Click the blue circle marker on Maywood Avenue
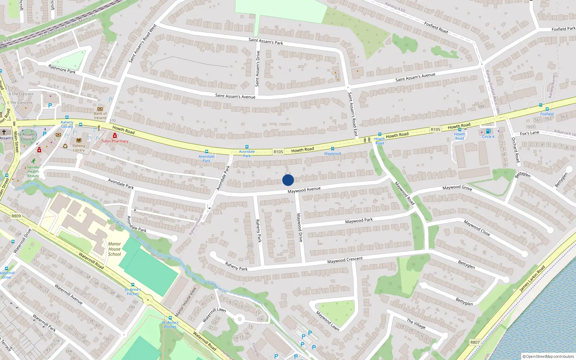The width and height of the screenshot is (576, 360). [288, 180]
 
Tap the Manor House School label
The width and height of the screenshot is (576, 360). [114, 249]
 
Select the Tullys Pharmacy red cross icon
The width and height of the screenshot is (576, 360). [115, 136]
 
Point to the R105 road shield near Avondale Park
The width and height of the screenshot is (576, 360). [278, 152]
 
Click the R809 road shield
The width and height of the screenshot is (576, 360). [16, 216]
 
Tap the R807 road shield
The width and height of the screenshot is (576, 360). [475, 342]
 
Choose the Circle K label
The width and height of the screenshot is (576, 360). [489, 136]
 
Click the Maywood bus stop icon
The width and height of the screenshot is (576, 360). [333, 149]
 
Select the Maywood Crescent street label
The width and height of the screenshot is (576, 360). [345, 260]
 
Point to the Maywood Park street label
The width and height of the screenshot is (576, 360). [359, 221]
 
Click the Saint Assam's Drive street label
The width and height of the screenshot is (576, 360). [257, 68]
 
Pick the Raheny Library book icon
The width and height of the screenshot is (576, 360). [79, 140]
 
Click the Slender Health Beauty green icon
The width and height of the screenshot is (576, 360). [33, 161]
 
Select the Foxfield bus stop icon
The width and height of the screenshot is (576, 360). [547, 109]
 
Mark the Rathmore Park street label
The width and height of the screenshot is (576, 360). [62, 69]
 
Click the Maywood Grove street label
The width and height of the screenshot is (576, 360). [457, 188]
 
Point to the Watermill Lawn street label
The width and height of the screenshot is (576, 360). [214, 315]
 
